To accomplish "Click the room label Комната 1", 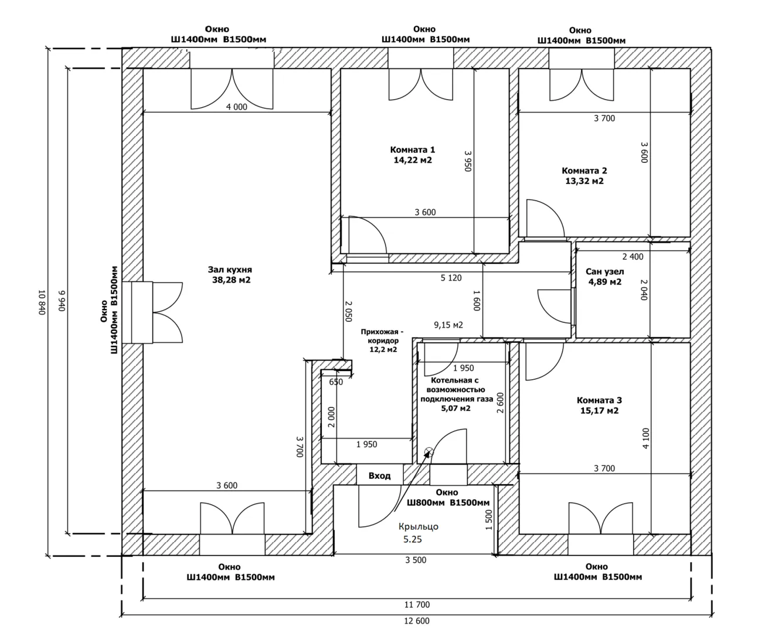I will pyautogui.click(x=413, y=149).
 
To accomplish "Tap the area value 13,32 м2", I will pyautogui.click(x=584, y=181).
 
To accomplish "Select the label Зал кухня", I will pyautogui.click(x=230, y=270).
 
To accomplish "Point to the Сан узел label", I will pyautogui.click(x=604, y=271).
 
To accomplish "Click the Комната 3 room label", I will pyautogui.click(x=599, y=400).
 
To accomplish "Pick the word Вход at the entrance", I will pyautogui.click(x=379, y=476).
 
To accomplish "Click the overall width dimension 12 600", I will pyautogui.click(x=417, y=621).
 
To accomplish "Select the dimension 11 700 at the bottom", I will pyautogui.click(x=417, y=604).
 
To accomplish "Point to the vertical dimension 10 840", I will pyautogui.click(x=42, y=302).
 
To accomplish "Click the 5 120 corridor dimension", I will pyautogui.click(x=451, y=278).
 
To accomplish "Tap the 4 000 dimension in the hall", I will pyautogui.click(x=236, y=107).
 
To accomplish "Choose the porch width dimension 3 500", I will pyautogui.click(x=416, y=560).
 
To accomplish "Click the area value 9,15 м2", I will pyautogui.click(x=448, y=325).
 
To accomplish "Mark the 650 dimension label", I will pyautogui.click(x=336, y=382).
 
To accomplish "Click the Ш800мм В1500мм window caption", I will pyautogui.click(x=448, y=503).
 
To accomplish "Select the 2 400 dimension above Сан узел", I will pyautogui.click(x=633, y=257).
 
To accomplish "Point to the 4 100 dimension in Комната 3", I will pyautogui.click(x=645, y=438).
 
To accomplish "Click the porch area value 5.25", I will pyautogui.click(x=412, y=540).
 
